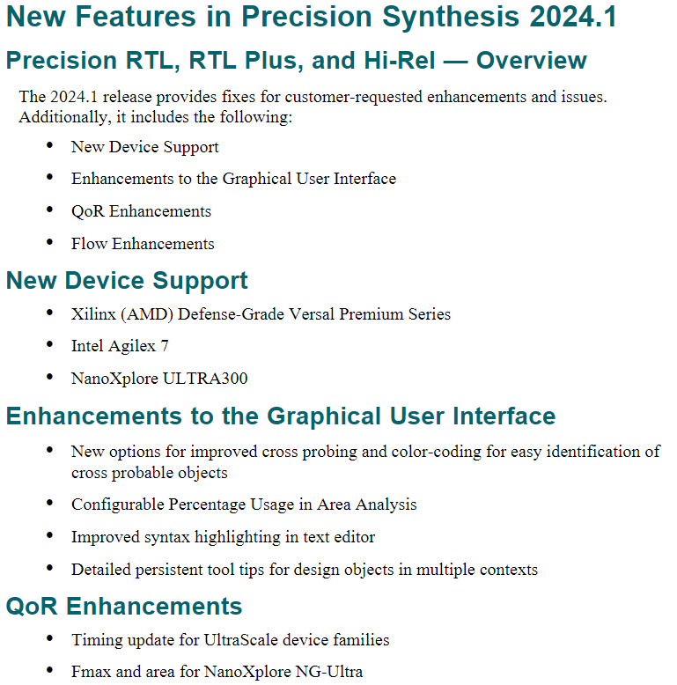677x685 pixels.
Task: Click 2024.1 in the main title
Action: pos(573,17)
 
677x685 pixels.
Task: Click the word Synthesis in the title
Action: pos(451,17)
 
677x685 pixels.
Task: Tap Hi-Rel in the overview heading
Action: pos(399,60)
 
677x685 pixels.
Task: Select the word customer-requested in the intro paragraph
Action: pos(354,97)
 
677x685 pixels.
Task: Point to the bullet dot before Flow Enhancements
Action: pos(49,242)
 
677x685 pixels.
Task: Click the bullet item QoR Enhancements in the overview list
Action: pos(141,211)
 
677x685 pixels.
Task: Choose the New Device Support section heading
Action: pos(127,280)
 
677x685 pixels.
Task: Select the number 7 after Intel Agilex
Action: pos(165,346)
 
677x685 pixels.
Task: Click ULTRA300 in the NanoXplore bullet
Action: pos(205,379)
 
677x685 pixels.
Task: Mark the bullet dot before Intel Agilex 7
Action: pos(49,344)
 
